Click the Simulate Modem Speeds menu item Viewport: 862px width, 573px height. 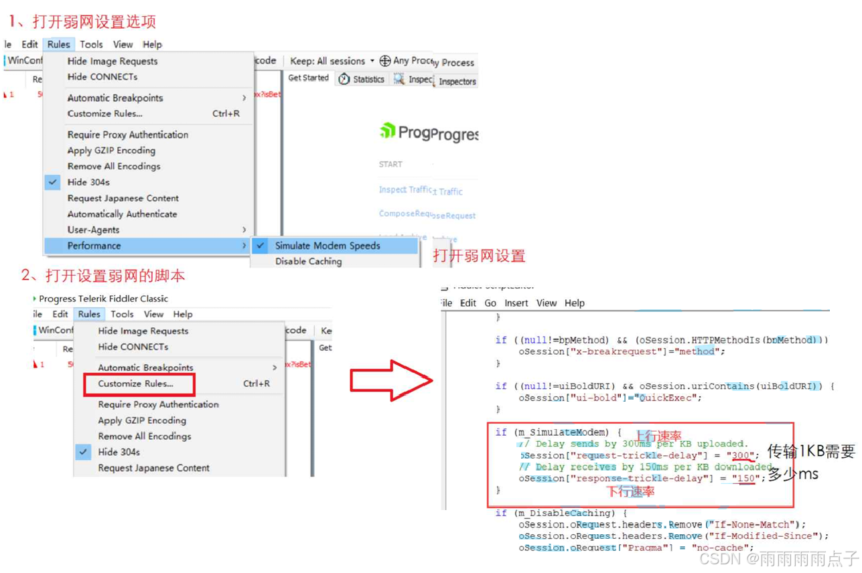(328, 246)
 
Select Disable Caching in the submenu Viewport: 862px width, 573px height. (308, 261)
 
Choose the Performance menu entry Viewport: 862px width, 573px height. (94, 246)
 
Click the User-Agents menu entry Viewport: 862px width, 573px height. (93, 230)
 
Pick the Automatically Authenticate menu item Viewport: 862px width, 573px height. (122, 214)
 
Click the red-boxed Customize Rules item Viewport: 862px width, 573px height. (136, 384)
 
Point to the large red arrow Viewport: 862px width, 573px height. (390, 381)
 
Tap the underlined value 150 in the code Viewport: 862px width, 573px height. (744, 479)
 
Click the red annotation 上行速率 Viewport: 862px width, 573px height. (658, 436)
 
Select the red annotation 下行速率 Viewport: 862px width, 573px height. (630, 492)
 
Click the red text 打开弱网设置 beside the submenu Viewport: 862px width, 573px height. (479, 256)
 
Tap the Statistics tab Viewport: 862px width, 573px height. (362, 79)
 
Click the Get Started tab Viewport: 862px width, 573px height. (308, 78)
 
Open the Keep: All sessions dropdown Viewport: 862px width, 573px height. (332, 61)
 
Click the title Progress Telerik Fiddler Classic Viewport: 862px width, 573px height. (103, 299)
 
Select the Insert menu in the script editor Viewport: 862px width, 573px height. (516, 303)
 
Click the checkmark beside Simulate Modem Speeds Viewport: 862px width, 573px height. (261, 246)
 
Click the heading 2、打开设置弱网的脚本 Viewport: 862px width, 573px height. (103, 275)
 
